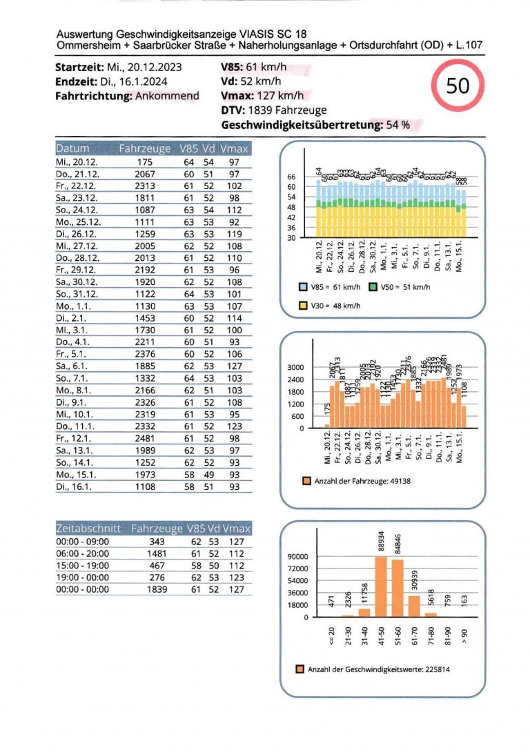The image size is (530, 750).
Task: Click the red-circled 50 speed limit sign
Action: [458, 86]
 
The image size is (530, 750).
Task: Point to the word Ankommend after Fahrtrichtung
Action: [167, 96]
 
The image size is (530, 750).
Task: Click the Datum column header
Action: [72, 148]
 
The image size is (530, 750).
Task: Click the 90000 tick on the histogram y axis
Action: [298, 556]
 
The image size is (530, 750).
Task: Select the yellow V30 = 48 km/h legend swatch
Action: [303, 304]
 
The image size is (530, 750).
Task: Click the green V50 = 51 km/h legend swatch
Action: [373, 286]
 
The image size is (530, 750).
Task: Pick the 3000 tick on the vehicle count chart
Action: [305, 367]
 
